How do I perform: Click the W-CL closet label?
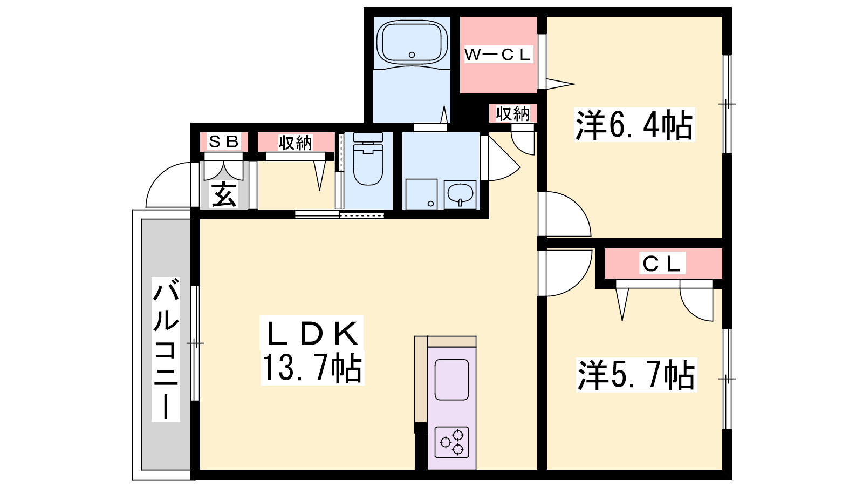[498, 55]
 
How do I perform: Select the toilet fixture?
[368, 159]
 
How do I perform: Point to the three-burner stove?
[452, 442]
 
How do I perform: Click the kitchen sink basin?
[452, 380]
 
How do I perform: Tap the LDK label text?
[312, 334]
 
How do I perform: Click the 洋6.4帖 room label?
[634, 125]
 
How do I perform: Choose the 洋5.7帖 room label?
[636, 375]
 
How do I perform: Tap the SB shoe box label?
[223, 141]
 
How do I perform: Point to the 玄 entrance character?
[224, 195]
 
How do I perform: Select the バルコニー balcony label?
[166, 349]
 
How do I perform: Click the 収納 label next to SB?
[296, 143]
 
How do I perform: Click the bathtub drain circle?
[412, 55]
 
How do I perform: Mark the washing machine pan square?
[421, 194]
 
